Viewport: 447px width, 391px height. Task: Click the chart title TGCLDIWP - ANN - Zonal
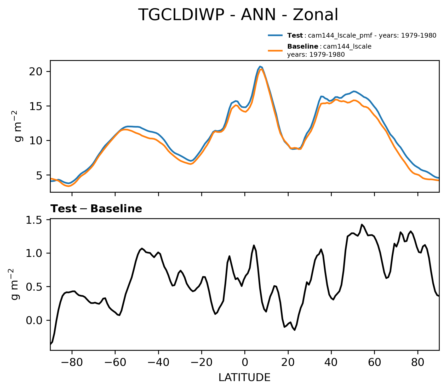(x=238, y=15)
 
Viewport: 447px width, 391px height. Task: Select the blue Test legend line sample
(x=275, y=35)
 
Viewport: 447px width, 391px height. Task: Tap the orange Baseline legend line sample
(x=275, y=50)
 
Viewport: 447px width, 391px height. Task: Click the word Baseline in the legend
(x=302, y=47)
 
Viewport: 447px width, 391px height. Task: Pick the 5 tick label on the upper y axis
(x=39, y=175)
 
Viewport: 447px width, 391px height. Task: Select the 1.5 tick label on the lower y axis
(x=34, y=220)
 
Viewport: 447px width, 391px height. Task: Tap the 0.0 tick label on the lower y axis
(x=34, y=320)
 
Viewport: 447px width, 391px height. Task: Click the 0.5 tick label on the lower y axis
(x=34, y=287)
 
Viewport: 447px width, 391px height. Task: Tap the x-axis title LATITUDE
(x=244, y=378)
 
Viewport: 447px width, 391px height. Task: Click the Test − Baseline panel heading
(x=96, y=209)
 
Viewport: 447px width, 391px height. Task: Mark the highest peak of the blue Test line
(x=260, y=66)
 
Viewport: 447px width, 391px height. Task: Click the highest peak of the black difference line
(x=362, y=225)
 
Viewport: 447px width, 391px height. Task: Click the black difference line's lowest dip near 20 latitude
(x=295, y=330)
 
